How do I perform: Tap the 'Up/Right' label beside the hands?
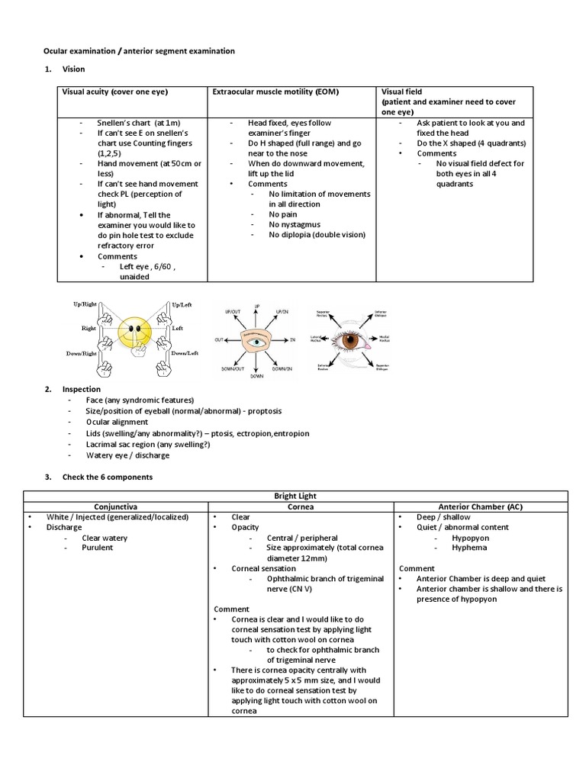pos(85,304)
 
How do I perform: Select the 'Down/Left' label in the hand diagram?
pos(182,354)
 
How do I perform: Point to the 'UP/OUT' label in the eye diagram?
pos(233,313)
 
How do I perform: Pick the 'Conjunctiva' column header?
pos(115,506)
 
